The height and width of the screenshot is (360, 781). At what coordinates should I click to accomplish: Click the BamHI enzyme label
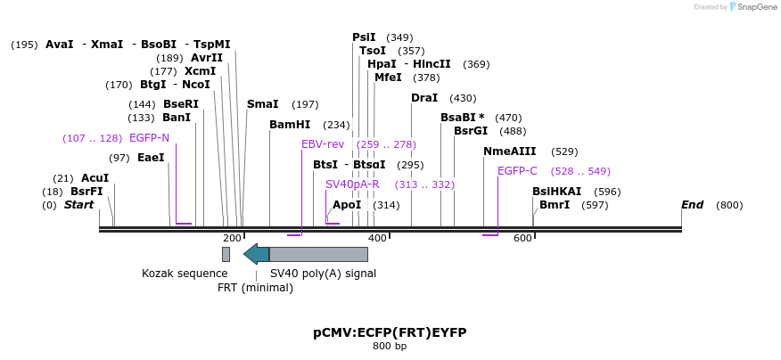click(x=290, y=125)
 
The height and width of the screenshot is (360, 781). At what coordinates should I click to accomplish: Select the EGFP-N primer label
click(x=149, y=138)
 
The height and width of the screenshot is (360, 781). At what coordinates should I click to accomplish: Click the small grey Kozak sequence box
click(x=226, y=254)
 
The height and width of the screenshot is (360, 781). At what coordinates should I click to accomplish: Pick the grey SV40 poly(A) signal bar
click(x=318, y=254)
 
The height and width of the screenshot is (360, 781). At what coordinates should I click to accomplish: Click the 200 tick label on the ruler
click(x=232, y=238)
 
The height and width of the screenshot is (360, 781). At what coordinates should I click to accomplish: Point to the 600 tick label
click(x=522, y=238)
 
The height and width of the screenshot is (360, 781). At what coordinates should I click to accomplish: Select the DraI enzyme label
click(x=424, y=98)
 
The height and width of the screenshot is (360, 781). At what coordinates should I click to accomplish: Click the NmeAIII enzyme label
click(x=510, y=151)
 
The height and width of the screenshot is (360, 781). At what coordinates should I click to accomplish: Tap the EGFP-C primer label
click(x=517, y=171)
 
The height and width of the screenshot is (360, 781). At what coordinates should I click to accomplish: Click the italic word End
click(x=693, y=205)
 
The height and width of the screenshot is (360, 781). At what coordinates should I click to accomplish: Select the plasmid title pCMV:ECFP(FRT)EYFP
click(x=390, y=332)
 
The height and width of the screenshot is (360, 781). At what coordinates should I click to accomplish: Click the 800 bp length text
click(x=390, y=346)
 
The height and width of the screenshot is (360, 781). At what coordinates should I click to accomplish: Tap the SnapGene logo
click(x=751, y=7)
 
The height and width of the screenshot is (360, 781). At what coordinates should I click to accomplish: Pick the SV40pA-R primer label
click(x=352, y=184)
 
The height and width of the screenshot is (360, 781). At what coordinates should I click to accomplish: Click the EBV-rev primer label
click(x=323, y=144)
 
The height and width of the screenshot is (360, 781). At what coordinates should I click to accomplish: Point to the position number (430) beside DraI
click(x=463, y=98)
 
